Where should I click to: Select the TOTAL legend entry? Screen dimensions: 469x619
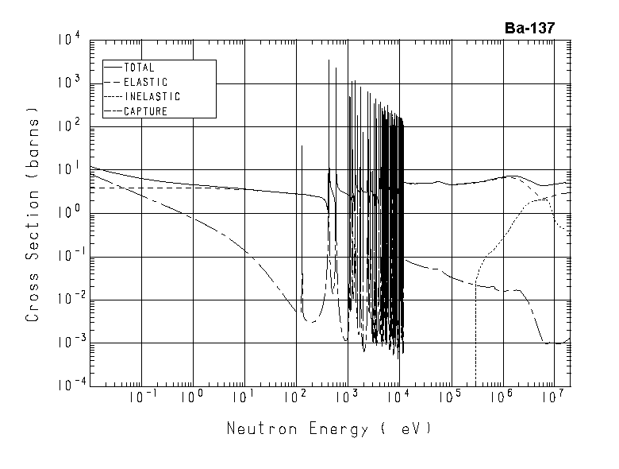tap(140, 68)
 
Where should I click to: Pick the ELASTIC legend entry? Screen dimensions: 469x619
tap(146, 83)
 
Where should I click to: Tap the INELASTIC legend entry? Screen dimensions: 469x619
tap(152, 97)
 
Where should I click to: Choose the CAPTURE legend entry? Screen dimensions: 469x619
tap(146, 111)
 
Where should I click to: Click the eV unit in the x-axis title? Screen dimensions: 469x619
tap(411, 429)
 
